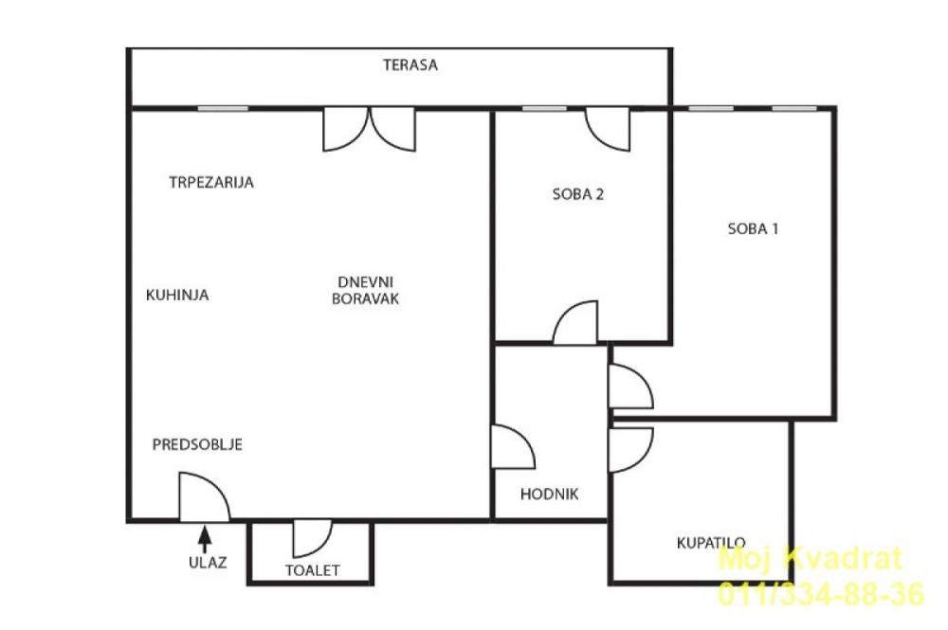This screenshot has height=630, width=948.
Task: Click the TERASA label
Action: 410,65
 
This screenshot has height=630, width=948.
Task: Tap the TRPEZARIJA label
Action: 211,183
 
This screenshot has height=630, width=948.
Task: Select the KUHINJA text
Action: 177,295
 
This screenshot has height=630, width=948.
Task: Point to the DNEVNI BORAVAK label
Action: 365,289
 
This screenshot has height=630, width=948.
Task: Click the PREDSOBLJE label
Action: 198,443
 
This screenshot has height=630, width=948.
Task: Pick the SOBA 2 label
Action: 578,195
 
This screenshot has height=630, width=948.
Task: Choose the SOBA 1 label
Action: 753,227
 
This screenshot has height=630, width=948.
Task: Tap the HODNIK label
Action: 549,494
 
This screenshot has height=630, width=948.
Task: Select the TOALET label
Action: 312,570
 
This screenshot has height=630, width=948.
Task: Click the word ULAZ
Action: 206,562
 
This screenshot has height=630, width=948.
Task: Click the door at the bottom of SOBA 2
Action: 575,323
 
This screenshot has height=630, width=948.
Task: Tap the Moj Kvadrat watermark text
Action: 811,560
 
